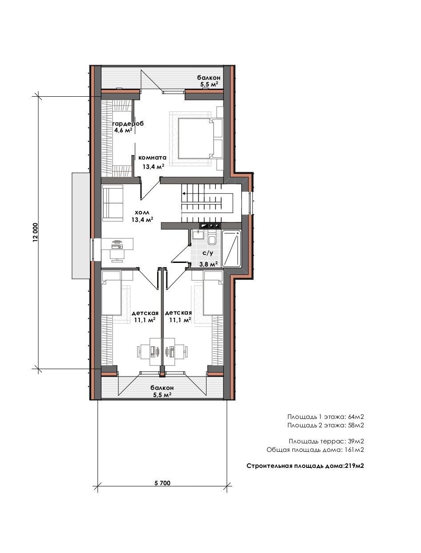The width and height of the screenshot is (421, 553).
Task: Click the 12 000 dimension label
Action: [35, 232]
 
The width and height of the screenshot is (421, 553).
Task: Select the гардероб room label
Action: [128, 124]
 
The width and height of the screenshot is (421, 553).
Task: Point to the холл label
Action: [142, 213]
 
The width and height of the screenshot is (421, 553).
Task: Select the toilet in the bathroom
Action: [212, 238]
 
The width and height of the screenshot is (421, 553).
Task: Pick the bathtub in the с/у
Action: [231, 249]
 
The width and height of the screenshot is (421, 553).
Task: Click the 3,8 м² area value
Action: [208, 264]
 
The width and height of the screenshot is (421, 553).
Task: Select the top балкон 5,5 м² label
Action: [209, 81]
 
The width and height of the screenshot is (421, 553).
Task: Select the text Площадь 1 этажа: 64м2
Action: [326, 417]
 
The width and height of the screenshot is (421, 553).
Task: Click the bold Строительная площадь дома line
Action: [305, 466]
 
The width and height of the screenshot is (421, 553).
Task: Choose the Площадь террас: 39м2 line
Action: [327, 441]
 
